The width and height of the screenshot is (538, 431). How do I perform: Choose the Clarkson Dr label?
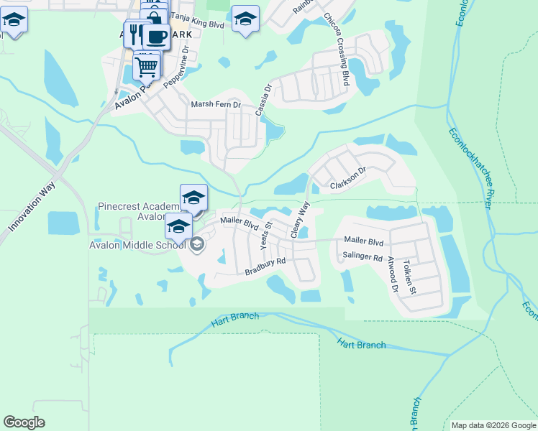pyautogui.click(x=348, y=179)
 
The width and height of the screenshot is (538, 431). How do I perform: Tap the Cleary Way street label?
pyautogui.click(x=299, y=220)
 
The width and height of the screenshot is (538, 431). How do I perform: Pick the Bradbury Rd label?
pyautogui.click(x=265, y=267)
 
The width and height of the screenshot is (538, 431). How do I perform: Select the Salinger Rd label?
pyautogui.click(x=363, y=256)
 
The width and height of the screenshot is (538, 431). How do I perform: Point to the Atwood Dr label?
pyautogui.click(x=392, y=275)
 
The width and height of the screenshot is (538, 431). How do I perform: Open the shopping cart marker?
pyautogui.click(x=146, y=67)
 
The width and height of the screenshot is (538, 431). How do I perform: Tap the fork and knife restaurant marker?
pyautogui.click(x=134, y=33)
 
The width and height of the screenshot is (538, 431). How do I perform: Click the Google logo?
pyautogui.click(x=24, y=422)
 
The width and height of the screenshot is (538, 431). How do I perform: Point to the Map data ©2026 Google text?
pyautogui.click(x=493, y=425)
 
